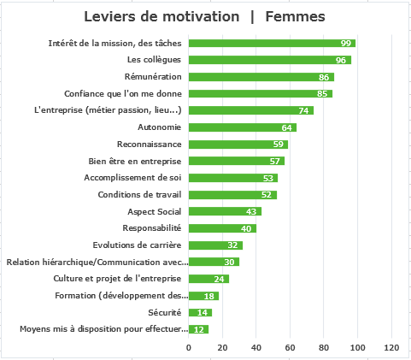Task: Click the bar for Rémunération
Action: pos(261,77)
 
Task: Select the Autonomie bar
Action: pos(243,127)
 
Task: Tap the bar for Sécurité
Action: pos(200,312)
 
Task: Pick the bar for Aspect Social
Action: pos(225,211)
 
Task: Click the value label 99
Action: pos(346,44)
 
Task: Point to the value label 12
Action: pos(198,330)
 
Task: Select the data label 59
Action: pos(279,145)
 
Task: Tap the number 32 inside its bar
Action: pos(232,245)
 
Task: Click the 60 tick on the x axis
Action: pos(290,348)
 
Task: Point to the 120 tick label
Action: pos(391,348)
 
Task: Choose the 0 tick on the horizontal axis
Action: pos(189,348)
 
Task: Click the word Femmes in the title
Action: pos(295,16)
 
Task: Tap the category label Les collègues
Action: pos(154,60)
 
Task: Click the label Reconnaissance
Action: pos(150,145)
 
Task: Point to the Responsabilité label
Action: pos(152,228)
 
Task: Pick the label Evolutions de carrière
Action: pos(137,245)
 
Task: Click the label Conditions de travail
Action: pos(139,195)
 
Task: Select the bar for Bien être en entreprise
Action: pos(237,161)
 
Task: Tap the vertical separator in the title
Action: pos(252,17)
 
